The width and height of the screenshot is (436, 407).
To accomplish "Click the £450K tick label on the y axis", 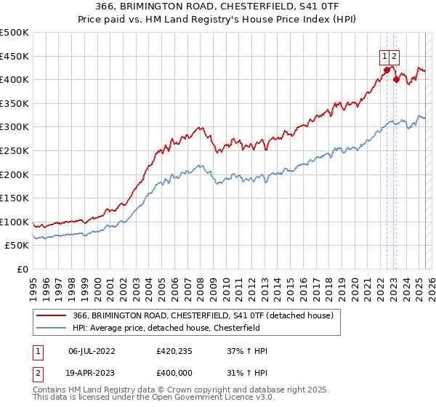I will [x=15, y=56].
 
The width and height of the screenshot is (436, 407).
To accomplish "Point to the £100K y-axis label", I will [x=15, y=222].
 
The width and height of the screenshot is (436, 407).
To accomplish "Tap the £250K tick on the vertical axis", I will [x=15, y=150].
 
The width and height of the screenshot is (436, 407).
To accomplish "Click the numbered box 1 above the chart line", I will [x=384, y=55].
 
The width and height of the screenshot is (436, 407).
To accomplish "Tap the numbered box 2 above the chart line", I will [x=394, y=55].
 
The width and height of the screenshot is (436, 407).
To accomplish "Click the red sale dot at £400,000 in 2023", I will [x=396, y=80].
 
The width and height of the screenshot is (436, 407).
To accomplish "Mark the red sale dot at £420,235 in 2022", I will [x=387, y=70].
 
